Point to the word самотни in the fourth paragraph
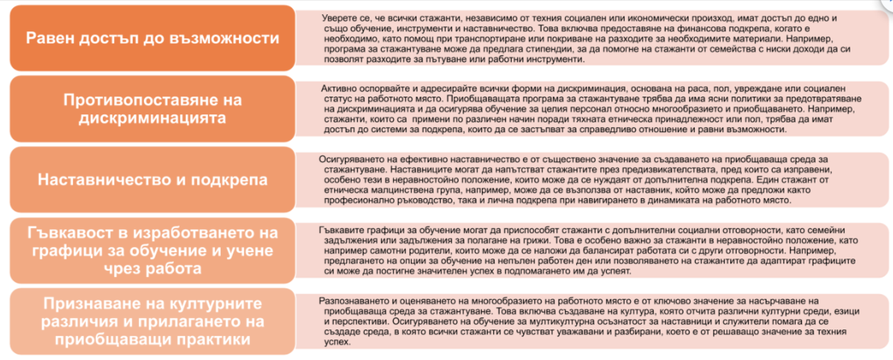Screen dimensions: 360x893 (x=388, y=252)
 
